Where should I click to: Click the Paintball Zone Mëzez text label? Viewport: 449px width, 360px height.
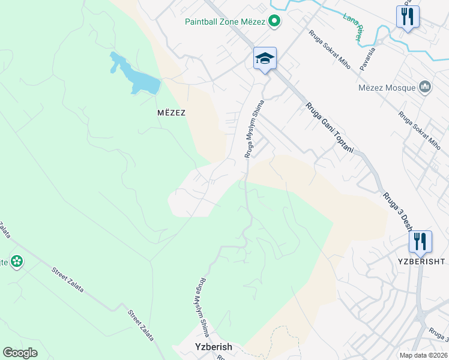click(x=225, y=22)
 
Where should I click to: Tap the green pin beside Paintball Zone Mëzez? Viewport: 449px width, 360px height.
click(x=274, y=22)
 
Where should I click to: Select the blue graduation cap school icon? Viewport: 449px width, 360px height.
click(x=265, y=58)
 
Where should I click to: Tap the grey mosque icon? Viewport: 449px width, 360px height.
click(x=426, y=88)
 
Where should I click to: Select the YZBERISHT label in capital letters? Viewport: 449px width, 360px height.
click(x=421, y=261)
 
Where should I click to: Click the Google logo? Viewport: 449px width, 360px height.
click(x=20, y=353)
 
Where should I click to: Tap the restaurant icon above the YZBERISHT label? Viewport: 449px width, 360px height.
click(x=420, y=241)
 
